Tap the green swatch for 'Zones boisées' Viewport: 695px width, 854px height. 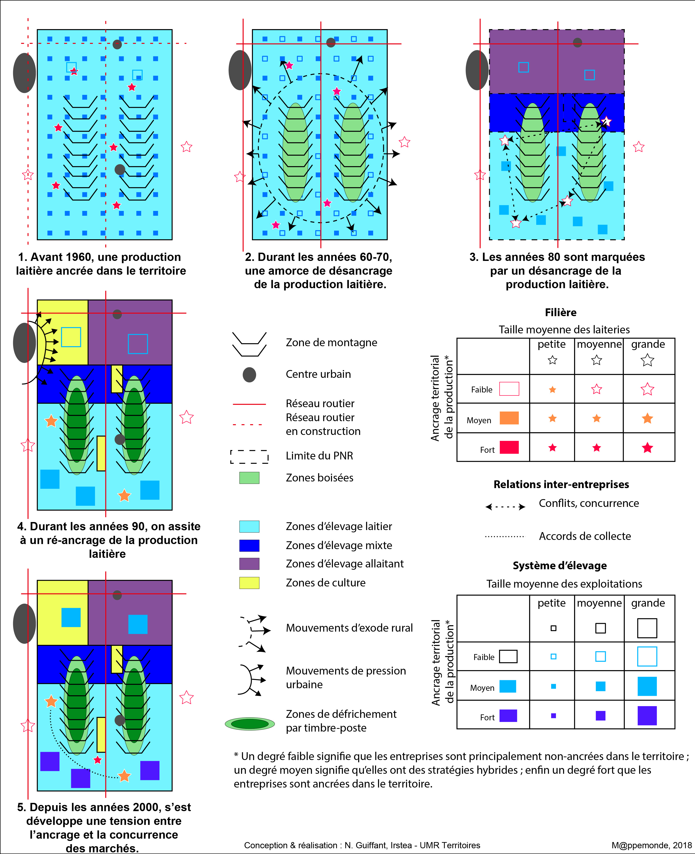[x=249, y=478]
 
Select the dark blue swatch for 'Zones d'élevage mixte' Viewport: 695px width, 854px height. [x=249, y=545]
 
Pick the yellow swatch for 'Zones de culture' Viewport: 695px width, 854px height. [x=249, y=583]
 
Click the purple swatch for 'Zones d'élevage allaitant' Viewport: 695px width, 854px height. [x=249, y=564]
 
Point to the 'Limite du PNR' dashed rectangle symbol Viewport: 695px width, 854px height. [x=249, y=456]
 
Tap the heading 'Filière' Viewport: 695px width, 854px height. [x=561, y=312]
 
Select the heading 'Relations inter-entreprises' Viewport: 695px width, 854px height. [x=561, y=484]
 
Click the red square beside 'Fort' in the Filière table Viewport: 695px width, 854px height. [x=509, y=447]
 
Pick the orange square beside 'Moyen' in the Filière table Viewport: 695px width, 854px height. [x=509, y=418]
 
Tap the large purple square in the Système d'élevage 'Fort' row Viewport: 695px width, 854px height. [x=647, y=716]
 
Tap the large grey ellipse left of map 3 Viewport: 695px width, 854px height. [x=477, y=70]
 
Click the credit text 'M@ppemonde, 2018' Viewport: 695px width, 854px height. [x=651, y=845]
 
